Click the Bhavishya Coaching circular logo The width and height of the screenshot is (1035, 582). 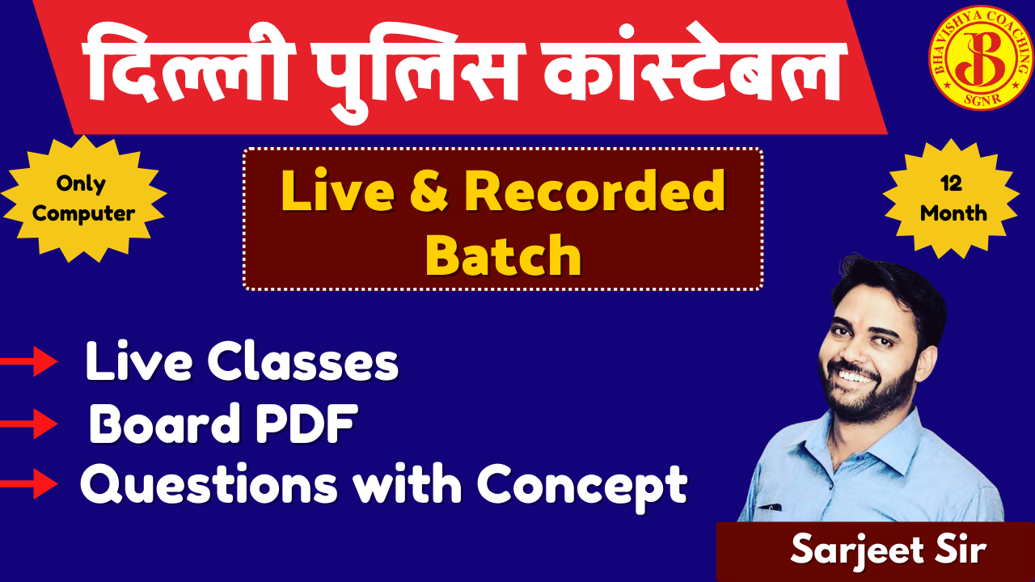click(x=981, y=57)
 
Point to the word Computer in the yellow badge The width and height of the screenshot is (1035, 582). click(x=83, y=213)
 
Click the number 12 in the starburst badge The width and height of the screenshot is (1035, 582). click(x=951, y=183)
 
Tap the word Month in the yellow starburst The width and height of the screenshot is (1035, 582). click(x=953, y=213)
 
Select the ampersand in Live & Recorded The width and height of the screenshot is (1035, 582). click(x=429, y=191)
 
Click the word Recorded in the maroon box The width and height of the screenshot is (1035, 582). click(x=594, y=190)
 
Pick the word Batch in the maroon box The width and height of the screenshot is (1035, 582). click(x=503, y=255)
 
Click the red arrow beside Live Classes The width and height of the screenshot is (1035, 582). click(x=28, y=361)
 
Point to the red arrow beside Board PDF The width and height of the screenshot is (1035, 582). click(x=28, y=423)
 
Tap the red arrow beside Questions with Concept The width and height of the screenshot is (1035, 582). click(x=28, y=483)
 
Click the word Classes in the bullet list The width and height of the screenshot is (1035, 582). click(x=302, y=361)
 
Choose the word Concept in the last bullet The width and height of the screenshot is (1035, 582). click(x=582, y=486)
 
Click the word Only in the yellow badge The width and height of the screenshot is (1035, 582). click(x=82, y=183)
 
